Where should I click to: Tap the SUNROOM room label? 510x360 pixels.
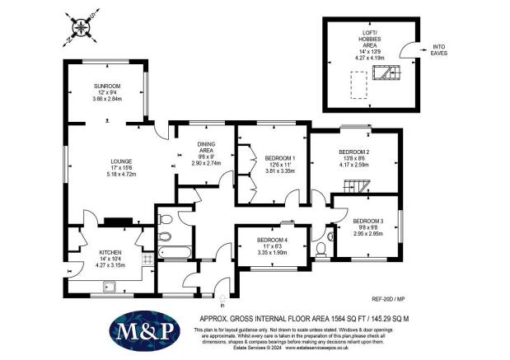coord(107,86)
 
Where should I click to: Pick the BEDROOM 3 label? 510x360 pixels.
coord(369,221)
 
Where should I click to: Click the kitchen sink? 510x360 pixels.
coord(110,287)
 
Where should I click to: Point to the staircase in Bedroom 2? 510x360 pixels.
coord(352,185)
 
